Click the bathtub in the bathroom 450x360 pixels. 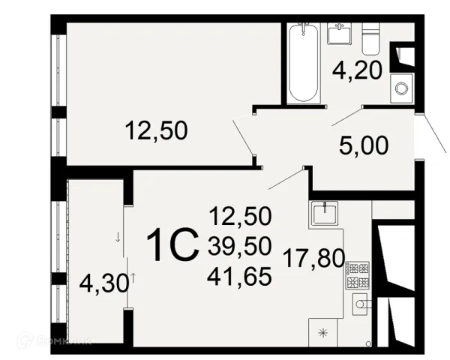click(x=303, y=63)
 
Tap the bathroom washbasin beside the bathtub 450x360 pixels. click(x=340, y=34)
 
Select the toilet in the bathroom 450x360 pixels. click(x=370, y=39)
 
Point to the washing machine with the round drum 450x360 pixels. click(x=401, y=88)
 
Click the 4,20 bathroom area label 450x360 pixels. click(x=357, y=70)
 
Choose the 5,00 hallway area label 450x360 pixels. click(x=364, y=145)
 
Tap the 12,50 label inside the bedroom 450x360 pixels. click(x=157, y=130)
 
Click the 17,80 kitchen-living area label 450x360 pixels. click(x=313, y=258)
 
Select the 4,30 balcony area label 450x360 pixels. click(x=104, y=283)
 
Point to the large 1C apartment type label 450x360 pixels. click(x=172, y=244)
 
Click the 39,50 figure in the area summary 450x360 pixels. click(x=240, y=246)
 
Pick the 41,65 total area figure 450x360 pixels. click(x=239, y=277)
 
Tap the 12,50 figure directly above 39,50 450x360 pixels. click(x=241, y=216)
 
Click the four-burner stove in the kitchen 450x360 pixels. click(x=357, y=275)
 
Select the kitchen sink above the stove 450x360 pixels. click(x=325, y=213)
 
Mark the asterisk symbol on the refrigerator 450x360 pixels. click(x=322, y=333)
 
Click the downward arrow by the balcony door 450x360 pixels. click(x=118, y=237)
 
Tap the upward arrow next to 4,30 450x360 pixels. click(x=133, y=278)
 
